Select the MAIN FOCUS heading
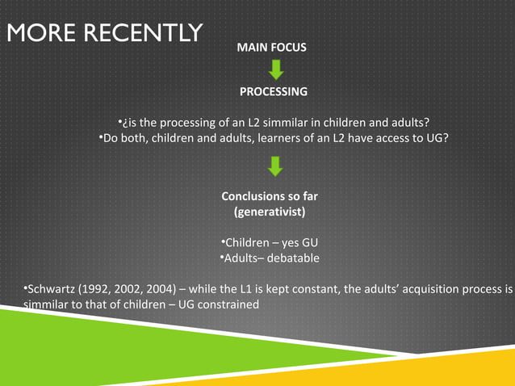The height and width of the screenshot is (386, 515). click(271, 48)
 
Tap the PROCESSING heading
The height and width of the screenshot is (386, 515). click(273, 91)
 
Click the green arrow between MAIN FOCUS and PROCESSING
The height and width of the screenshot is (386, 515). click(275, 70)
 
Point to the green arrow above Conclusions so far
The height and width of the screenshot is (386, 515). click(275, 166)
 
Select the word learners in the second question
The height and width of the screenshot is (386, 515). click(276, 138)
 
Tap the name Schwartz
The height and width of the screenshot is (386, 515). click(51, 289)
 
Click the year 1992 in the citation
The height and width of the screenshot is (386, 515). click(96, 289)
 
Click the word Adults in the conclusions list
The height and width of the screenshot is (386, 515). click(241, 258)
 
